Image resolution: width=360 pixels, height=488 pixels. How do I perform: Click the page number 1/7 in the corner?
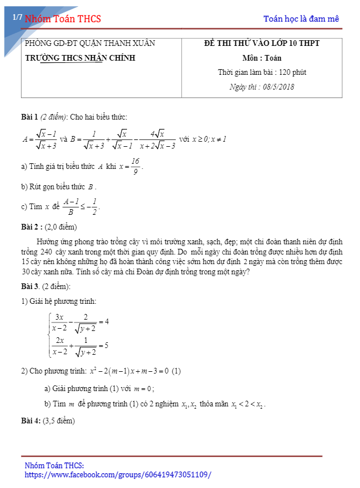17,18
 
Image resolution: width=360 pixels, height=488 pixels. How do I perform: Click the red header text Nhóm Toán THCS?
63,19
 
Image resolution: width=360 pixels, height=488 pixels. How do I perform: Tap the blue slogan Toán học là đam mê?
301,19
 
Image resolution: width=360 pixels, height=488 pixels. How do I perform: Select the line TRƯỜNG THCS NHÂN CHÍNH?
81,58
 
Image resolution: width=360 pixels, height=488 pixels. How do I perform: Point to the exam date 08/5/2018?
278,87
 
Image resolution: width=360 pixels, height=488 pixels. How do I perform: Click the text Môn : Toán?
262,58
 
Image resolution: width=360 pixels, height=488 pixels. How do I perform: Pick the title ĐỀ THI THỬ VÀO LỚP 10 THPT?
262,44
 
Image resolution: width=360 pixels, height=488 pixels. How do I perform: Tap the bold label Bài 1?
29,117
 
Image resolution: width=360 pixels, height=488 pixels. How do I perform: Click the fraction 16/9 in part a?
135,166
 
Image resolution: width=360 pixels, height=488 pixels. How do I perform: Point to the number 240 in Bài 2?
46,251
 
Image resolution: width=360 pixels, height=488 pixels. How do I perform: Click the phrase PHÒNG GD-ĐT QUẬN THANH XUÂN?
90,44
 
